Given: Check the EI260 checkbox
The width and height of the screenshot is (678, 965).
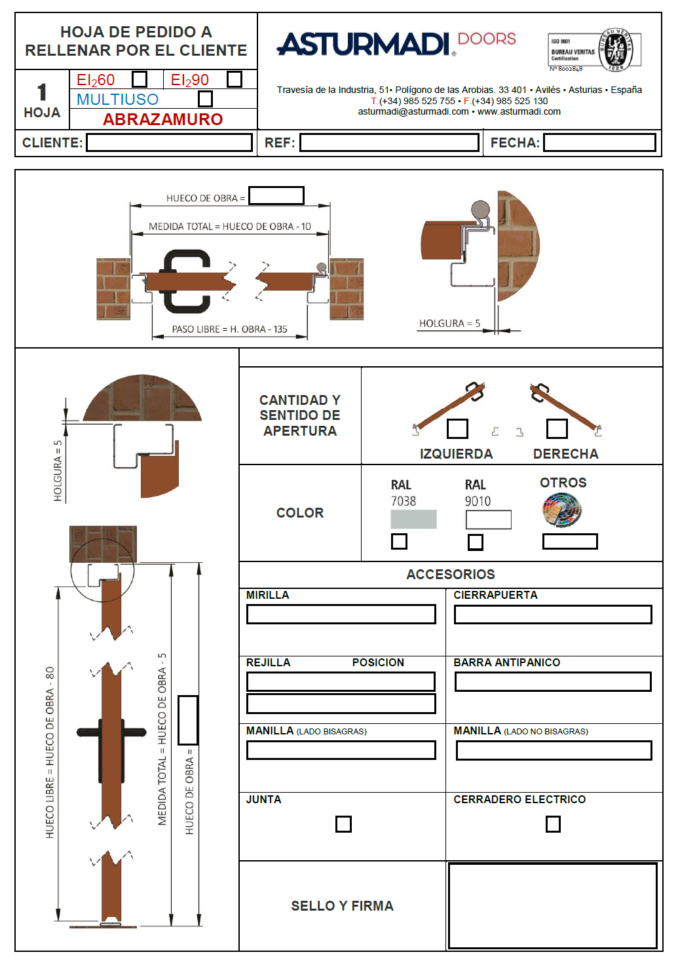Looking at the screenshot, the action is point(139,79).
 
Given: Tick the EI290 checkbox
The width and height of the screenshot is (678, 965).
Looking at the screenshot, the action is point(235,79).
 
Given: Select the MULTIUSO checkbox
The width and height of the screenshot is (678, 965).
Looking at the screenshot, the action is point(206,99).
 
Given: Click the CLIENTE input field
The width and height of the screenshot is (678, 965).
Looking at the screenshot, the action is point(169,143).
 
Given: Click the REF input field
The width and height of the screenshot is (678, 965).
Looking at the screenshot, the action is point(389,143).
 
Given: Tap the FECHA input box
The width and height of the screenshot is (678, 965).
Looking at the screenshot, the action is point(599,143).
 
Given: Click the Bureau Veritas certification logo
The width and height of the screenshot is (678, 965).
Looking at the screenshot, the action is point(594,50).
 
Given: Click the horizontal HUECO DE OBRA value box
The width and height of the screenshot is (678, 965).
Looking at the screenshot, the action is point(276,196).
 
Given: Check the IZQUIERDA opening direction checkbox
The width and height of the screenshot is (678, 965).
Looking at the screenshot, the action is point(457,428).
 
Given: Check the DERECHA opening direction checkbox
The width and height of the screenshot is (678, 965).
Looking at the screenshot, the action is point(557,428).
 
